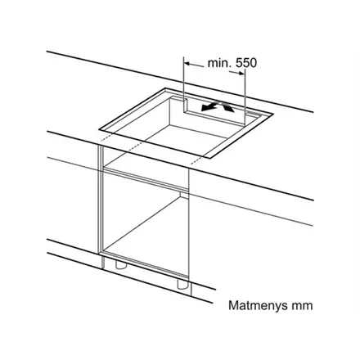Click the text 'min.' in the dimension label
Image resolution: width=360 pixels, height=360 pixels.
219,63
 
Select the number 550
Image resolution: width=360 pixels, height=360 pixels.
246,63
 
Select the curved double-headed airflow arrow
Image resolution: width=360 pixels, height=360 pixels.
218,106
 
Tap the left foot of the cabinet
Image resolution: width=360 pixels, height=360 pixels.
119,263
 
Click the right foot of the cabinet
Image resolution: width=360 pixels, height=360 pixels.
182,284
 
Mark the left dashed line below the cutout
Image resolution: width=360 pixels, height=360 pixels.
106,137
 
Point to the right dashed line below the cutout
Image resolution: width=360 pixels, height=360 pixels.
196,160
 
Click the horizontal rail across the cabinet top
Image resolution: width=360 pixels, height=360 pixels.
146,179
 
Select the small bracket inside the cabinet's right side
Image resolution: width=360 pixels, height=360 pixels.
184,195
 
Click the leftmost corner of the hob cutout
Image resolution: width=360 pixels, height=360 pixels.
99,128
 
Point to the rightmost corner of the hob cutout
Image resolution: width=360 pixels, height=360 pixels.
273,114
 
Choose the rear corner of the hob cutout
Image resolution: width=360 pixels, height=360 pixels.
165,88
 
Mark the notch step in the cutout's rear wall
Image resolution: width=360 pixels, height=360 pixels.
186,106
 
